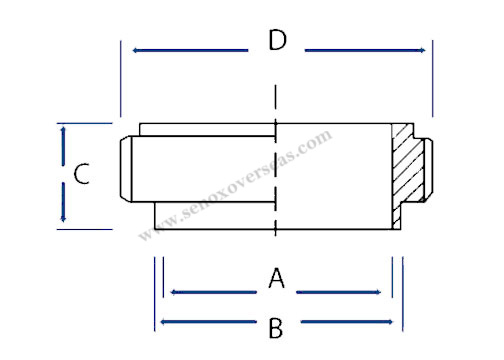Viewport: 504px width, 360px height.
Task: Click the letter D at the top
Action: pos(277,42)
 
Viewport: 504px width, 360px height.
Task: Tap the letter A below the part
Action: pos(277,279)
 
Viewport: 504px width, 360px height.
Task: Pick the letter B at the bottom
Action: pos(277,326)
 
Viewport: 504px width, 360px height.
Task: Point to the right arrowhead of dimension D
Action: pos(428,47)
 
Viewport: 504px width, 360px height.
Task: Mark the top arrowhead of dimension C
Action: pos(63,128)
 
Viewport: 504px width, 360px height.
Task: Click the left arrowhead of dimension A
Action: pos(174,292)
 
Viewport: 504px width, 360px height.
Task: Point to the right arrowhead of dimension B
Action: pos(396,322)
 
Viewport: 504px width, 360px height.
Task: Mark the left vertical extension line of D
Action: pos(119,80)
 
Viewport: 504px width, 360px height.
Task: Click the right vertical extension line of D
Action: pos(433,80)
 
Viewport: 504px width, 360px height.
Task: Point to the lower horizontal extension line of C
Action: pos(85,229)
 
